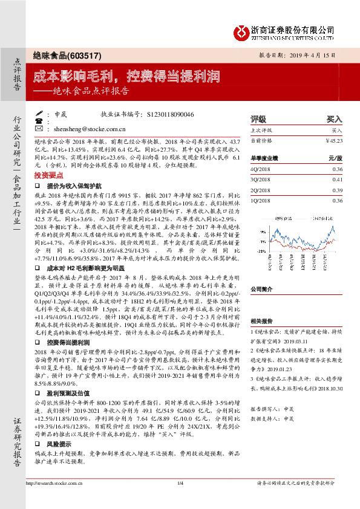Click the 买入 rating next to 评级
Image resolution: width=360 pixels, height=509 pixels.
(334, 119)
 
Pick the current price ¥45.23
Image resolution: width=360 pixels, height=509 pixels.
(333, 140)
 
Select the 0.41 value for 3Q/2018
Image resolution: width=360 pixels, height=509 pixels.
(337, 180)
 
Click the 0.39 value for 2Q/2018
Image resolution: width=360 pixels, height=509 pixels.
(337, 190)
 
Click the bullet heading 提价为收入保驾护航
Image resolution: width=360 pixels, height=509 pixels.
(71, 187)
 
